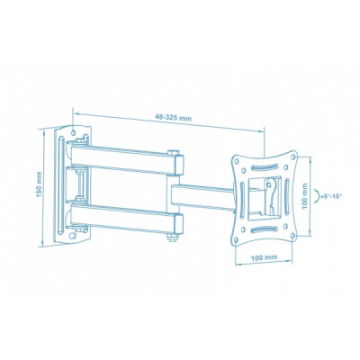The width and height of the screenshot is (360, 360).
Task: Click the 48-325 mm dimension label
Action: (x=173, y=117)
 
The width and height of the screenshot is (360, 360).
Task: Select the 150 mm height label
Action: (x=39, y=184)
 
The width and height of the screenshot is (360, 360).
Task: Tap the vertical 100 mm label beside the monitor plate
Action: (x=305, y=196)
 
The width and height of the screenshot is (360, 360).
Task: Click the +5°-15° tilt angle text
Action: (x=331, y=196)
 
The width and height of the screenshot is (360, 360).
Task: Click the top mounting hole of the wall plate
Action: (x=74, y=131)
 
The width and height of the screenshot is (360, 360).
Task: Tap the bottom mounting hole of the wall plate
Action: (x=72, y=236)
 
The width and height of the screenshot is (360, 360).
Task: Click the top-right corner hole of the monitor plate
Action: (x=293, y=157)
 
